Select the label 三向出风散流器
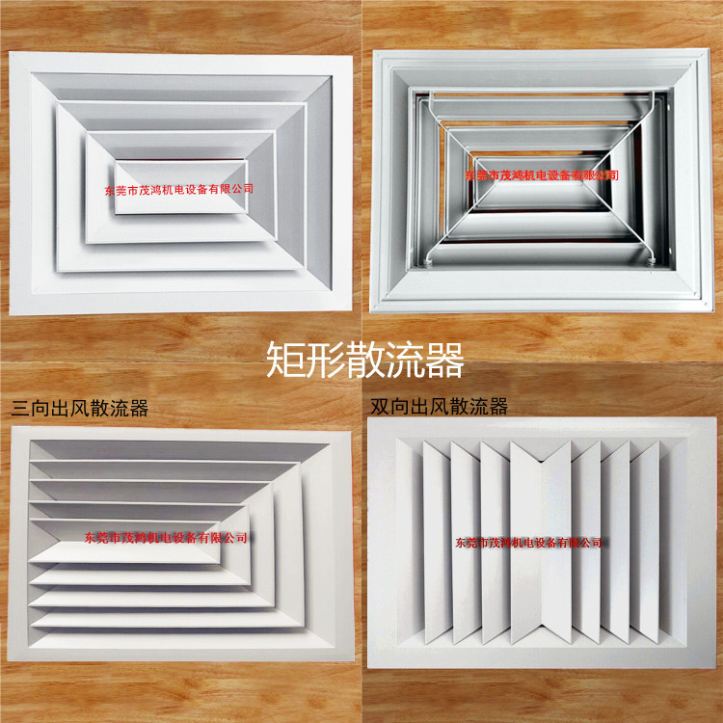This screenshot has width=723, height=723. (79, 408)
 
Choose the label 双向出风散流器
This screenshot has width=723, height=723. (440, 407)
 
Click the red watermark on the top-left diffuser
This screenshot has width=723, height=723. (179, 189)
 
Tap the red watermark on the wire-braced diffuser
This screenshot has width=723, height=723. (541, 176)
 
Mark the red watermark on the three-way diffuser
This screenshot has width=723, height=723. (166, 537)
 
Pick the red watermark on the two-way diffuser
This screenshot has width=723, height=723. (529, 543)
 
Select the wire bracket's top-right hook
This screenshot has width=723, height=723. (656, 94)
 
